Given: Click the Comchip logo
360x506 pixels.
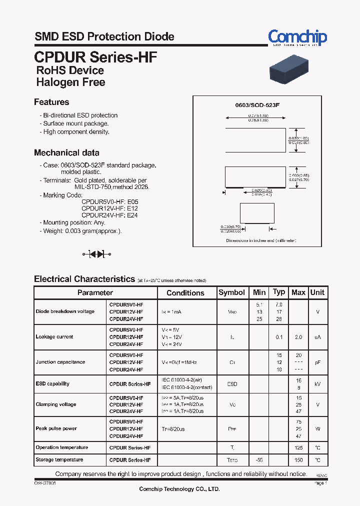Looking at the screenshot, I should (x=297, y=37).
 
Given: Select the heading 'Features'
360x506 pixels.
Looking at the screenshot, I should (x=51, y=102).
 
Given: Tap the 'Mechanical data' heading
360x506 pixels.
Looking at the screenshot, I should (x=66, y=152).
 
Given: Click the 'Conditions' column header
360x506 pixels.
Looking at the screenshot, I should (x=185, y=293).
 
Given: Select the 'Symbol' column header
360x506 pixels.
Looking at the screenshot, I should (x=232, y=292).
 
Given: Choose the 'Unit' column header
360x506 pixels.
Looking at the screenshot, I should (x=317, y=292).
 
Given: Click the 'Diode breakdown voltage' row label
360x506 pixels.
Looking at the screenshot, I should (x=65, y=311).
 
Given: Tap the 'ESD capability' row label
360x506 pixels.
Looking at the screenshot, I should (x=52, y=384).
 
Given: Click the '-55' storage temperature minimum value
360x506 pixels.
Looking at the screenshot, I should (x=259, y=460).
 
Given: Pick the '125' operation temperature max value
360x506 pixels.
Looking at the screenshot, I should (x=298, y=447).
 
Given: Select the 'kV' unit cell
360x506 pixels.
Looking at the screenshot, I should (x=317, y=384).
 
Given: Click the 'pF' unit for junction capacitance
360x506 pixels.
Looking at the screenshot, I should (x=317, y=362).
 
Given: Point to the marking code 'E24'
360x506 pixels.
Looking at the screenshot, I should (x=132, y=215).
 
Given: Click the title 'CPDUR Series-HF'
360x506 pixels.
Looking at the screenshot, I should (x=95, y=56).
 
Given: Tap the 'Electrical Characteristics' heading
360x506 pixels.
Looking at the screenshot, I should (x=84, y=279).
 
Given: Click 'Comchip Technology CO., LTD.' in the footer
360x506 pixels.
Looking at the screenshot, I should (x=179, y=489).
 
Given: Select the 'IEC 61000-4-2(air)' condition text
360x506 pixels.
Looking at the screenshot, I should (x=181, y=380).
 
